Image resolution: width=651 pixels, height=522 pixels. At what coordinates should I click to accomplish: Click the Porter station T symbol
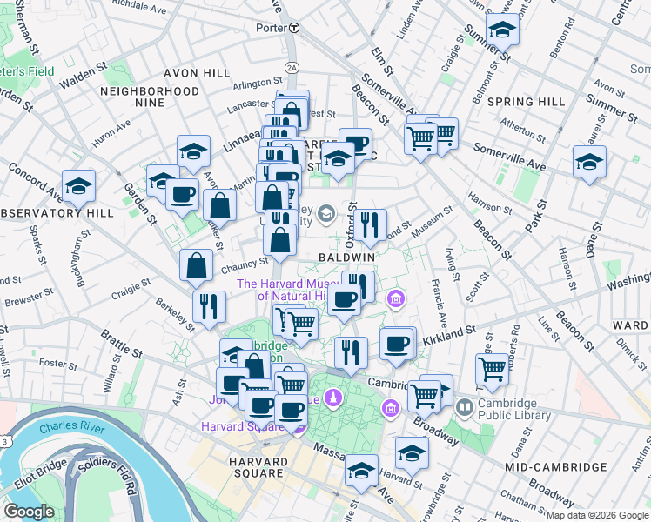click(x=295, y=28)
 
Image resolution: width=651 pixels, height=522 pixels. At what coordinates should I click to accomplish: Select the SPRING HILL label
click(x=526, y=102)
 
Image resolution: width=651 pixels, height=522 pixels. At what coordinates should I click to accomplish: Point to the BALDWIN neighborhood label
click(x=346, y=258)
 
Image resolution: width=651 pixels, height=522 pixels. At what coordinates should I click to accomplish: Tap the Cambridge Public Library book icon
click(x=465, y=407)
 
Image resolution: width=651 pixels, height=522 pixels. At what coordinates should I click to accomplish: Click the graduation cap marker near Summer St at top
click(x=502, y=32)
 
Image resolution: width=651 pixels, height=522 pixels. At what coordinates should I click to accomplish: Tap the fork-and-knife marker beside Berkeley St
click(x=209, y=306)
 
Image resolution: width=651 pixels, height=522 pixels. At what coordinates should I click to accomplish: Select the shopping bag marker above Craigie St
click(x=196, y=265)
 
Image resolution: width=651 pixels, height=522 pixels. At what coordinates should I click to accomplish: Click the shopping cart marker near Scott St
click(x=493, y=369)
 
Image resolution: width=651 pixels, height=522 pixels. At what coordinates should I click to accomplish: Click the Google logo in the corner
click(x=30, y=512)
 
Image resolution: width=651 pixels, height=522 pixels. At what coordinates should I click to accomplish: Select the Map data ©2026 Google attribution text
click(x=597, y=515)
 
